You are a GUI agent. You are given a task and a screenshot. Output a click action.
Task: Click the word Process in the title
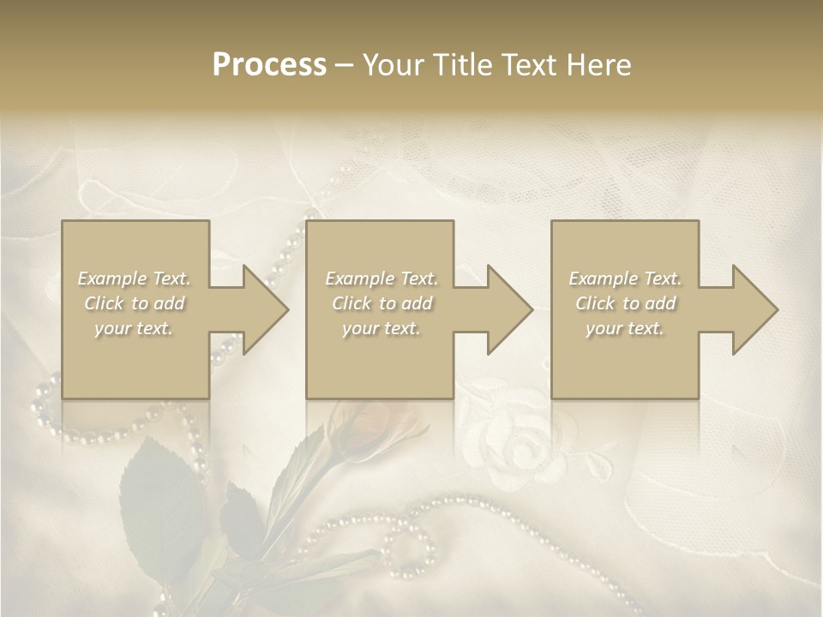pos(269,65)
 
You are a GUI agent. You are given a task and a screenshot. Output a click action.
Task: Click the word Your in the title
pos(391,65)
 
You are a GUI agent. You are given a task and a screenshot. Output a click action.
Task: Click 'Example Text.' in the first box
pos(135,279)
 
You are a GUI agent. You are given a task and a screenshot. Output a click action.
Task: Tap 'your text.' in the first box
pos(135,328)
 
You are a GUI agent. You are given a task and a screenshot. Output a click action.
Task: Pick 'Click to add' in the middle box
pos(381,303)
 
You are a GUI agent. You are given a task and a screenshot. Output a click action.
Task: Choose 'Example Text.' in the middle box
pos(381,279)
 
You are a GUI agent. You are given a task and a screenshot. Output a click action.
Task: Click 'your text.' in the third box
pos(625,328)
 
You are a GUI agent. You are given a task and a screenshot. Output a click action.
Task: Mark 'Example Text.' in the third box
pos(625,279)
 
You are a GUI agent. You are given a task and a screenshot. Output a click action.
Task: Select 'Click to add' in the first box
pos(135,303)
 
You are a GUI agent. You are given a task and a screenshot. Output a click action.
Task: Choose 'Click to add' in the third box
pos(625,303)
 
